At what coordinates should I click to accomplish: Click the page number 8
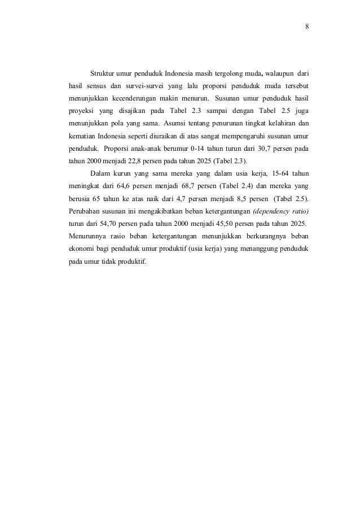[306, 27]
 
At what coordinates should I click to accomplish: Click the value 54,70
[104, 224]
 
